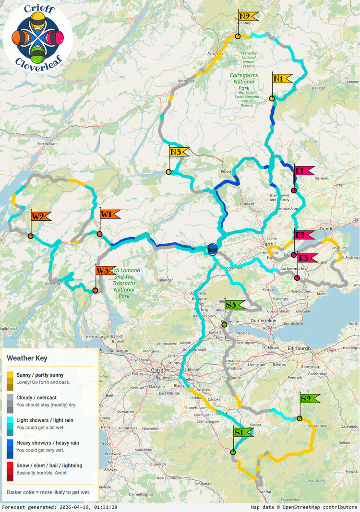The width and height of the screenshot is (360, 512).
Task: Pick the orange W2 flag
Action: (41, 216)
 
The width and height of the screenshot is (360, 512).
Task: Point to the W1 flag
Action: (109, 214)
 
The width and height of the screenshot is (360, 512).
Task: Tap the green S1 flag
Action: (243, 432)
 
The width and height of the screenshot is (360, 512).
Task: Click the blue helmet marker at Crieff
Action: (212, 250)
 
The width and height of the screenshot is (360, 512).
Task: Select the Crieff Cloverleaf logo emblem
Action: (38, 36)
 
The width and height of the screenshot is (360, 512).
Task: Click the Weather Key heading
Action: (27, 358)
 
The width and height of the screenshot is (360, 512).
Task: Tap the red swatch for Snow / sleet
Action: (10, 471)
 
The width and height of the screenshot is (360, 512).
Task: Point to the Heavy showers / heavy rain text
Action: (48, 443)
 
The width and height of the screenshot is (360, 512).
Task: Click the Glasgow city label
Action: (160, 370)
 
